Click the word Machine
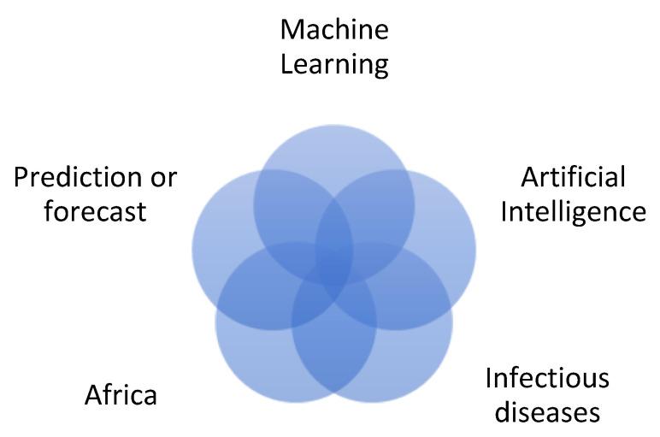point(334,31)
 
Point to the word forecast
point(95,210)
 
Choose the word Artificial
point(573,178)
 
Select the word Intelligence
point(573,212)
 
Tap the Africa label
point(121,396)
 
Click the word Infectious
point(547,378)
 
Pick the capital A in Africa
point(92,396)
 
